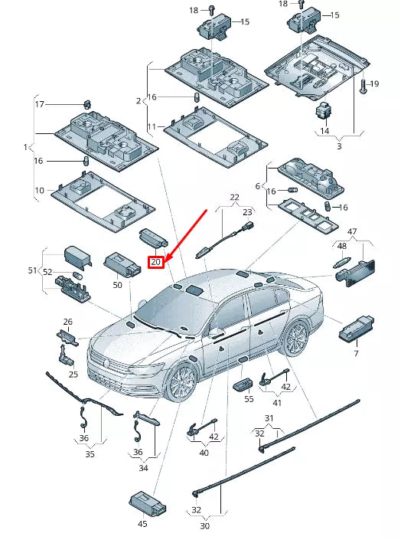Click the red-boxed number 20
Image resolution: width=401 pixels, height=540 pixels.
tap(156, 262)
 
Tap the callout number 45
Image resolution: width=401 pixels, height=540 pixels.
tap(142, 524)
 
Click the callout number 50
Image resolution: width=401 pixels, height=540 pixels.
tap(117, 285)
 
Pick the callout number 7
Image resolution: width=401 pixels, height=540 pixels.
tap(357, 353)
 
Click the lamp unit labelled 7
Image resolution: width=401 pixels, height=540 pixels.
tap(357, 327)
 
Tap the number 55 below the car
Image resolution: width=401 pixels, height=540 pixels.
tap(249, 399)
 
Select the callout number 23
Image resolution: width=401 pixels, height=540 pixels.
tap(247, 212)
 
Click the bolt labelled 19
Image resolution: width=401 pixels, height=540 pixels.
tap(364, 86)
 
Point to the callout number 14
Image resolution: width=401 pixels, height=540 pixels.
tap(324, 131)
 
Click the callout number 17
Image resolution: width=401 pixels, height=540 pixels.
tap(40, 104)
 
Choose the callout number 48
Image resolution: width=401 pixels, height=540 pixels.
tap(342, 246)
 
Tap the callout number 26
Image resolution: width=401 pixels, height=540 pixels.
tap(68, 322)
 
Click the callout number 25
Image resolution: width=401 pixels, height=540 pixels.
tap(73, 374)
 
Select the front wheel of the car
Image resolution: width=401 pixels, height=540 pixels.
tap(181, 383)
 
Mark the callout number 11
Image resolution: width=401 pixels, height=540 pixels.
tap(152, 126)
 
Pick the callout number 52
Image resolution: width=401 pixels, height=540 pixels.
tap(47, 272)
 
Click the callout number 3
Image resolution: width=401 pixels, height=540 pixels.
tap(339, 146)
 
